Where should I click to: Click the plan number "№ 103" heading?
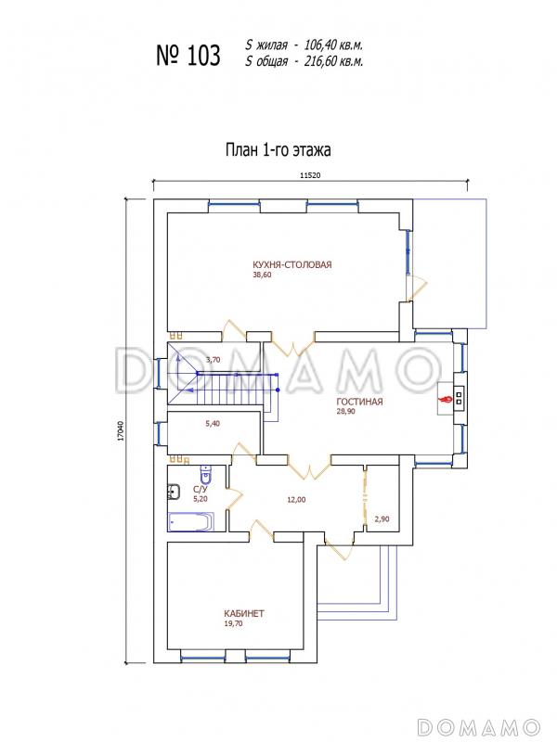(x=188, y=56)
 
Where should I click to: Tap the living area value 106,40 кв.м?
(x=333, y=45)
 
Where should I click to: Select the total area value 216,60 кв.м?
(x=333, y=61)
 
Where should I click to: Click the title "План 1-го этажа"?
(x=278, y=150)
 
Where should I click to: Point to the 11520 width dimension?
(x=310, y=175)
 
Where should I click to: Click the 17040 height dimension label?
(x=121, y=431)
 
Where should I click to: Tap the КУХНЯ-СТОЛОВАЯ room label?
(x=291, y=264)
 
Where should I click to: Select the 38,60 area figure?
(x=262, y=275)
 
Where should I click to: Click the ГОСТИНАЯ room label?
(x=359, y=402)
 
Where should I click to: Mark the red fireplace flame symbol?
(x=446, y=400)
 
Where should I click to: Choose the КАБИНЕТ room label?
(x=244, y=614)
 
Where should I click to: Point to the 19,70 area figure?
(x=234, y=623)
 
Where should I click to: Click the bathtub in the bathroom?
(x=191, y=521)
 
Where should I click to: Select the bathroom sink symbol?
(x=174, y=492)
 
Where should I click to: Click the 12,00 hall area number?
(x=296, y=499)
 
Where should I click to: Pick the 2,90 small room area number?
(x=382, y=519)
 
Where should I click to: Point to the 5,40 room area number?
(x=213, y=424)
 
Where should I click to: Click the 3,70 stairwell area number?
(x=214, y=360)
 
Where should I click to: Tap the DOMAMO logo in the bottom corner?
(x=479, y=726)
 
